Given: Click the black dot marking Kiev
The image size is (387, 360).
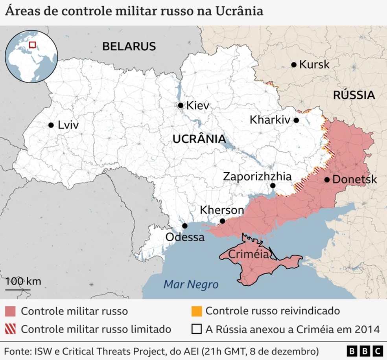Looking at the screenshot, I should coord(181,105).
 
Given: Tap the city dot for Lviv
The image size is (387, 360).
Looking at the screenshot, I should coord(51,125).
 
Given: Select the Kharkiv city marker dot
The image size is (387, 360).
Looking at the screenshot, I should coord(296,120).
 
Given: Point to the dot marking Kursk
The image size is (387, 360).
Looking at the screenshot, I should coord(293,64).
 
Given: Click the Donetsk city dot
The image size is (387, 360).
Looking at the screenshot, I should coord(327,180).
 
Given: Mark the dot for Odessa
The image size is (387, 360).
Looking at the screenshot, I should coord(185,226).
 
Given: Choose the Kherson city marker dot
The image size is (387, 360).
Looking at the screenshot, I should coord(222,221).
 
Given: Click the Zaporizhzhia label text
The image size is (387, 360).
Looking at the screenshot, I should coord(257,176).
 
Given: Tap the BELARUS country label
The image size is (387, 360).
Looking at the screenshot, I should coord(129,46).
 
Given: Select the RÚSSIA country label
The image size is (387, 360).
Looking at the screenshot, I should coord(354,95).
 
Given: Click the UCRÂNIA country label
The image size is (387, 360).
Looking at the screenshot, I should coord(199,139).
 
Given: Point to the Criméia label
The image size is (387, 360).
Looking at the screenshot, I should coord(249,254).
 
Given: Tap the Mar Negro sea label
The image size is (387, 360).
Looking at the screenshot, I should coord(191,284).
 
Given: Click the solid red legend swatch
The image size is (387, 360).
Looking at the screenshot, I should coord(11,311).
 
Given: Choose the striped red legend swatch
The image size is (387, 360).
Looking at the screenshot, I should coord(11,329).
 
